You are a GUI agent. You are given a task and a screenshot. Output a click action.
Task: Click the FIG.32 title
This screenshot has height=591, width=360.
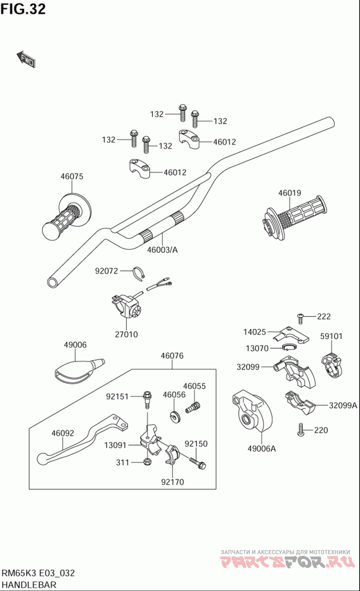tap(23, 9)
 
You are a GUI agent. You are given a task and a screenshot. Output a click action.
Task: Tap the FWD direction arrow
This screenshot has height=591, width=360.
tap(26, 59)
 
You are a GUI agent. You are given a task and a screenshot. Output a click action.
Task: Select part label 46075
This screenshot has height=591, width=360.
tap(72, 176)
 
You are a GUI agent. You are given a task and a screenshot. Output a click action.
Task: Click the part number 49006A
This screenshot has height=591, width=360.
tap(261, 448)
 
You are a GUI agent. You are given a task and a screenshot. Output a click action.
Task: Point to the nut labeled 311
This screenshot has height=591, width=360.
tap(147, 462)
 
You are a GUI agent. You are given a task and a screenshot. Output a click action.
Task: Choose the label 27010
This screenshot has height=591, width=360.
tap(126, 334)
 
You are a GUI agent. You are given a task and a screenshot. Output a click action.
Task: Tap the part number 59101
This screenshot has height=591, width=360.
tap(332, 336)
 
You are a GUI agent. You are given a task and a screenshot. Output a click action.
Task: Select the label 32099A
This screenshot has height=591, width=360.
tap(343, 405)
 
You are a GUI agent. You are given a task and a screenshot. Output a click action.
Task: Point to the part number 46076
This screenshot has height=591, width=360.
tap(172, 356)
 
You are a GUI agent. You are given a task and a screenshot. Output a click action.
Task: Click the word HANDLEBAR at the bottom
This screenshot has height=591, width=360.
tap(29, 585)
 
